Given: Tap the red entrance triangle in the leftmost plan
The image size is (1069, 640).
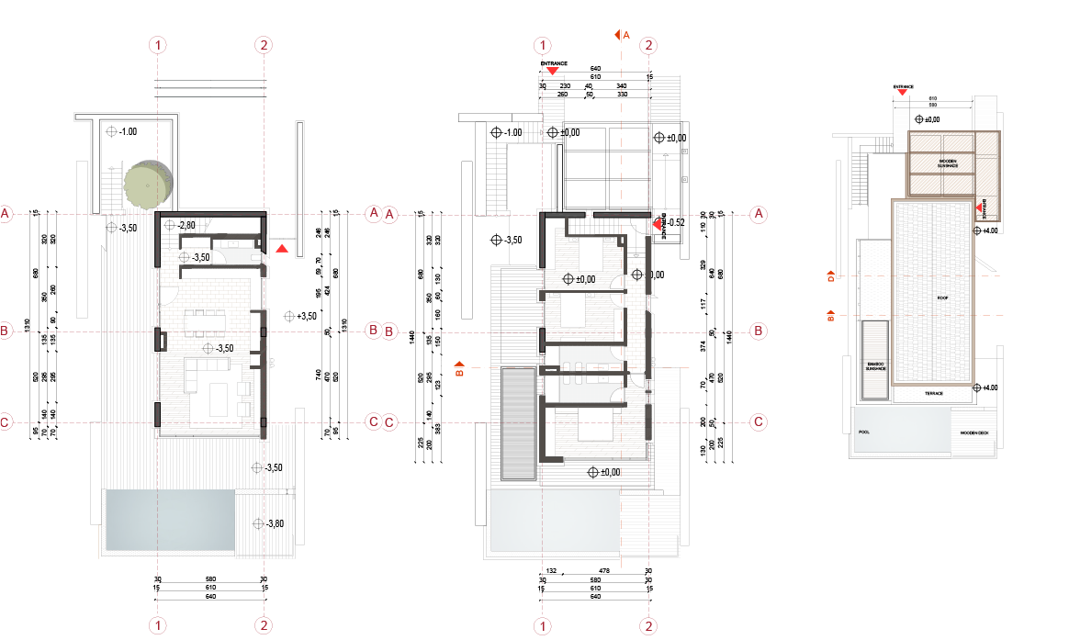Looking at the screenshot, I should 283,248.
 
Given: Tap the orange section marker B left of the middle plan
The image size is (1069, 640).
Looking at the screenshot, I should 461,371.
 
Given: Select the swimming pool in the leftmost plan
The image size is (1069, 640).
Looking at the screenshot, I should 169,520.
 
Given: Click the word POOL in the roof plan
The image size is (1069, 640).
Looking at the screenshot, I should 862,432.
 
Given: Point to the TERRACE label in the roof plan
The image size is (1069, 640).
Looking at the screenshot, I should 934,393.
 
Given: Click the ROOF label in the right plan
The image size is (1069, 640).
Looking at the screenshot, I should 942,298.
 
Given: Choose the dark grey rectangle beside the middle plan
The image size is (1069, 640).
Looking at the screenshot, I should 517,423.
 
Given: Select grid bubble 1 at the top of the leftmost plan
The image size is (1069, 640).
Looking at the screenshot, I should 160,44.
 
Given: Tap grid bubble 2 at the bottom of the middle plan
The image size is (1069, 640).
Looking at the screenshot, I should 649,625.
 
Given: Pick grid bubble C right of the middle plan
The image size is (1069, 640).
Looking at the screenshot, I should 760,422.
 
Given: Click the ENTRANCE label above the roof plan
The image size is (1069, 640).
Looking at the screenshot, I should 903,85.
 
